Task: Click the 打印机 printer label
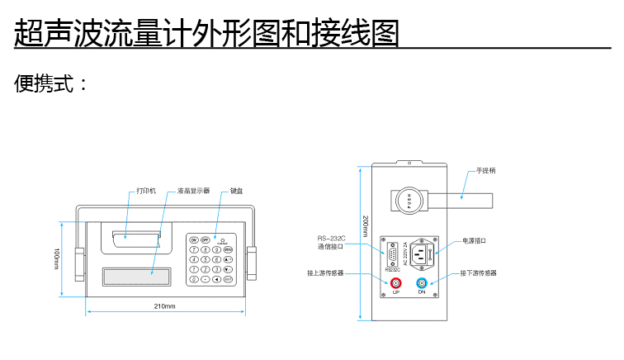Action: click(x=146, y=191)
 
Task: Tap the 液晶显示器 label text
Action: click(x=193, y=191)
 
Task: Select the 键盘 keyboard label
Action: click(x=237, y=191)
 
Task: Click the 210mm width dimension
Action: click(x=165, y=306)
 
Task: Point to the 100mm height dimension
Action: click(x=56, y=258)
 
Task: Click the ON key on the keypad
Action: click(x=194, y=239)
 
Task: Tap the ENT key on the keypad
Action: click(x=228, y=279)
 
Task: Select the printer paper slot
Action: click(x=136, y=236)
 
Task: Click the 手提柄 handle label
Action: click(x=485, y=171)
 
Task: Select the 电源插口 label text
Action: click(x=475, y=240)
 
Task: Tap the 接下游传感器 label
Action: click(x=479, y=272)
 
